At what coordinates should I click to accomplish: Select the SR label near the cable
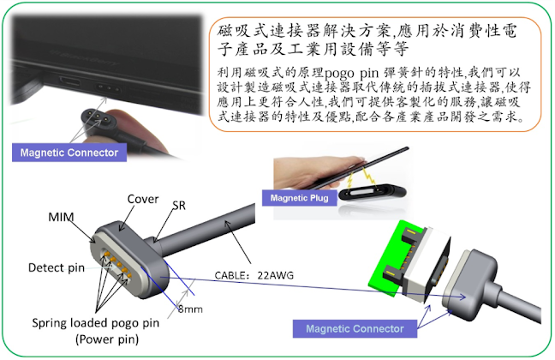pyautogui.click(x=180, y=207)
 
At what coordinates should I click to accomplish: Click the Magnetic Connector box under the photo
pyautogui.click(x=69, y=153)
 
